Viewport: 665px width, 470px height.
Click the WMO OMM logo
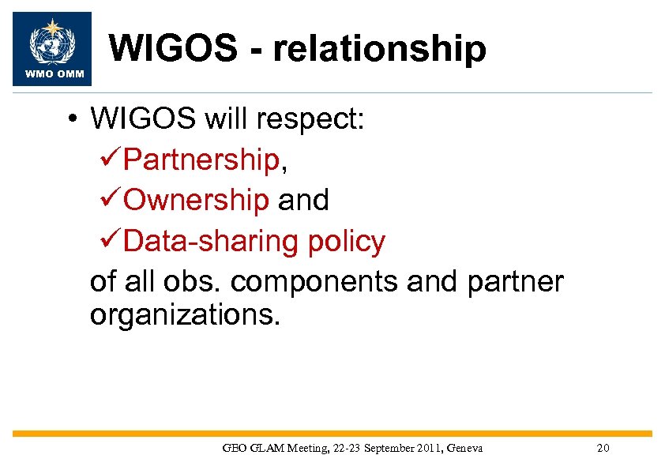coord(53,48)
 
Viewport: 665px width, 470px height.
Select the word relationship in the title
coord(379,49)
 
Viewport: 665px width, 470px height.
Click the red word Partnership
coord(201,160)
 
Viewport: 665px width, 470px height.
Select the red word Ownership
coord(197,201)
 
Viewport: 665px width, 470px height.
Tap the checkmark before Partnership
coord(112,160)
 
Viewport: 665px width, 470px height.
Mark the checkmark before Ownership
coord(112,201)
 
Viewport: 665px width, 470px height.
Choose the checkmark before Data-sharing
coord(112,241)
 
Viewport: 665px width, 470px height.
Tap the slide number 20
coord(603,449)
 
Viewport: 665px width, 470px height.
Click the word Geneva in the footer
coord(464,449)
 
